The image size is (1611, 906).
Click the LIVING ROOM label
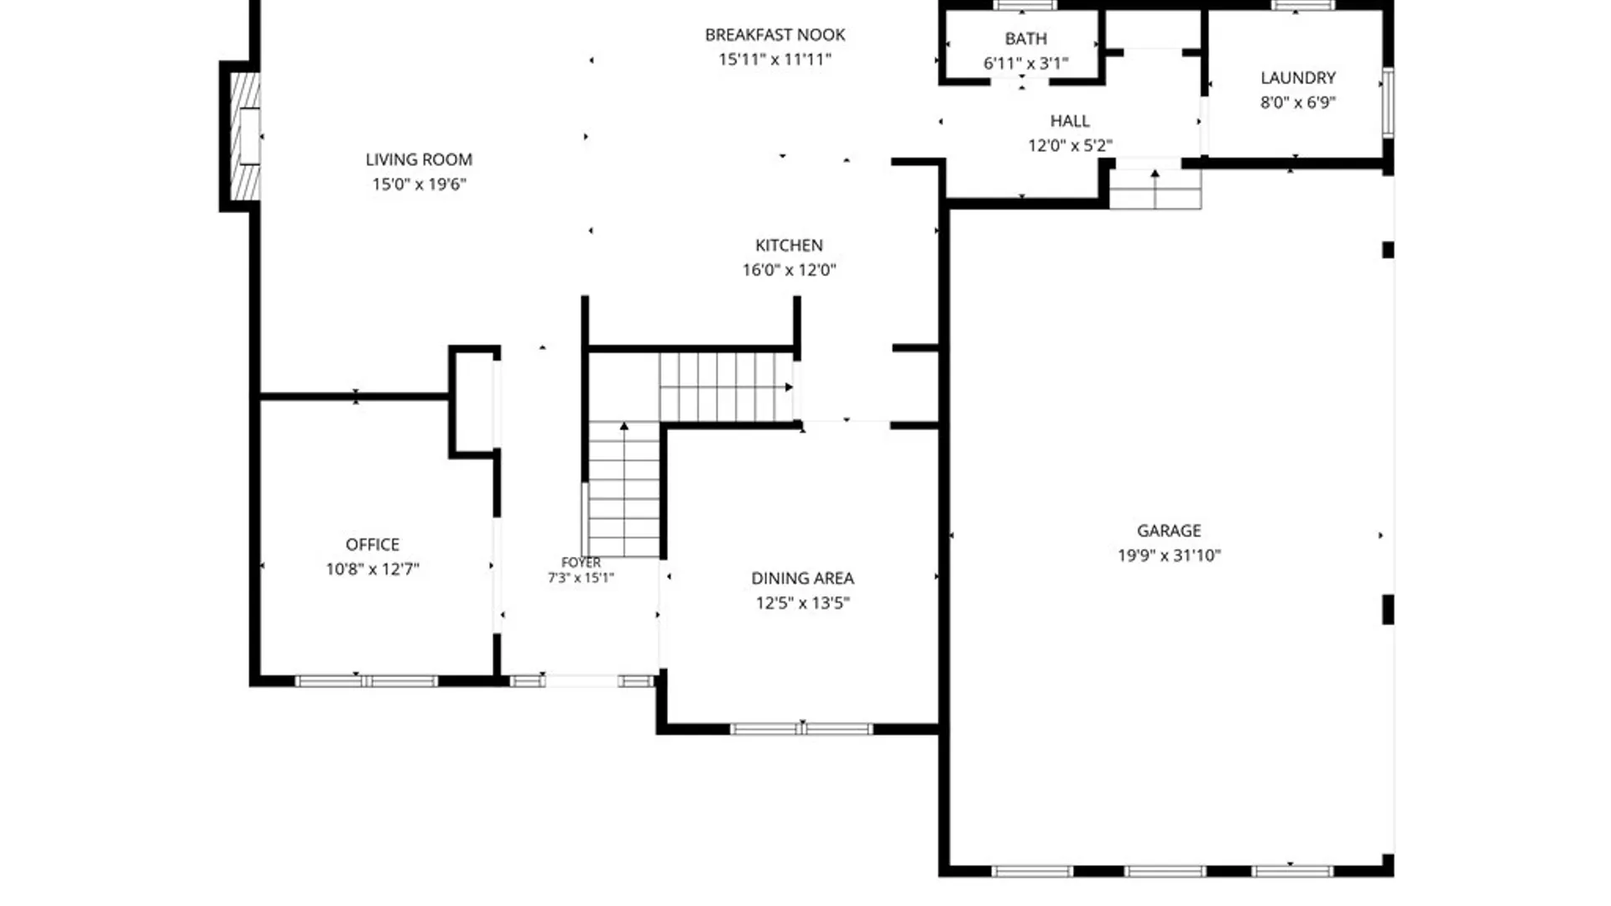(x=419, y=159)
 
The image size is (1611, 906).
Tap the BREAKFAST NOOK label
(x=774, y=34)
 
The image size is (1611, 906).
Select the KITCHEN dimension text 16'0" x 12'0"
(x=789, y=269)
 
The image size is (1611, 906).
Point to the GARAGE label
(x=1169, y=530)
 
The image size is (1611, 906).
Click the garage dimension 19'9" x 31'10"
(x=1169, y=555)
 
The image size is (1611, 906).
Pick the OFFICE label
(x=373, y=544)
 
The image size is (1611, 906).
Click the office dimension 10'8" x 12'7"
(x=373, y=569)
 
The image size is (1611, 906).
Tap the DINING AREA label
(x=802, y=578)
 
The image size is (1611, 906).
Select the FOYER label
(x=581, y=562)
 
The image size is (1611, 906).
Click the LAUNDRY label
(x=1298, y=78)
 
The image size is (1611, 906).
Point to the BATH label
(x=1025, y=39)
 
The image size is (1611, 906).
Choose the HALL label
(x=1070, y=121)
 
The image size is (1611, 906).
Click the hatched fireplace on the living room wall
(x=245, y=137)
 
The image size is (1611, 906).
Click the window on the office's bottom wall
(x=366, y=681)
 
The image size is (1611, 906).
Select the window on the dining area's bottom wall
(x=801, y=729)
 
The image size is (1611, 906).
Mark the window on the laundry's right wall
(x=1388, y=102)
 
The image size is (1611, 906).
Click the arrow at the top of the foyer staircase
(x=624, y=426)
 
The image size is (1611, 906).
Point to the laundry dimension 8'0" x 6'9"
(x=1298, y=102)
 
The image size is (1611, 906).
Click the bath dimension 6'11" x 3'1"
(x=1025, y=63)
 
